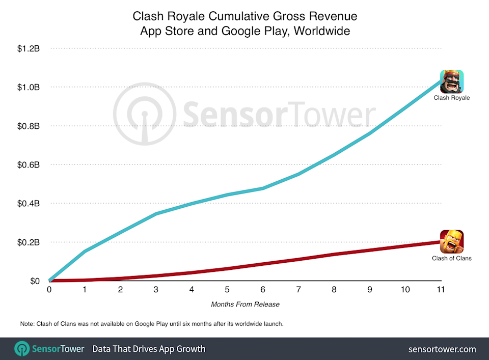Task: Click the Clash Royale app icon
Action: tap(452, 81)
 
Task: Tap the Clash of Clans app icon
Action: tap(452, 241)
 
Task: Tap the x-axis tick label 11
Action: tap(441, 289)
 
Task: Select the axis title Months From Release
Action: tap(245, 304)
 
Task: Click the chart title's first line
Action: tap(245, 16)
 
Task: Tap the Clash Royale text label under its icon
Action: tap(452, 98)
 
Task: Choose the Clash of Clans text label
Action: tap(452, 258)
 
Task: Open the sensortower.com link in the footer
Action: tap(442, 349)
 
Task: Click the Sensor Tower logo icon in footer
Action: tap(21, 349)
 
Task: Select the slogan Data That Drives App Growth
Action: tap(149, 349)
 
